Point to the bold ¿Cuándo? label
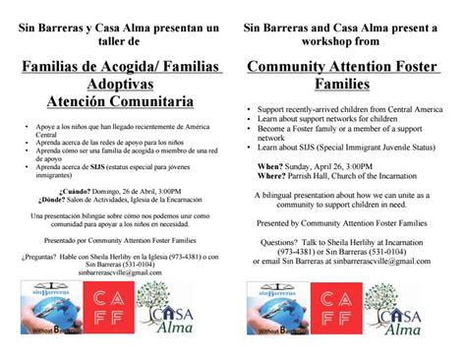tap(78, 190)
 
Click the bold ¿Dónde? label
tap(76, 199)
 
